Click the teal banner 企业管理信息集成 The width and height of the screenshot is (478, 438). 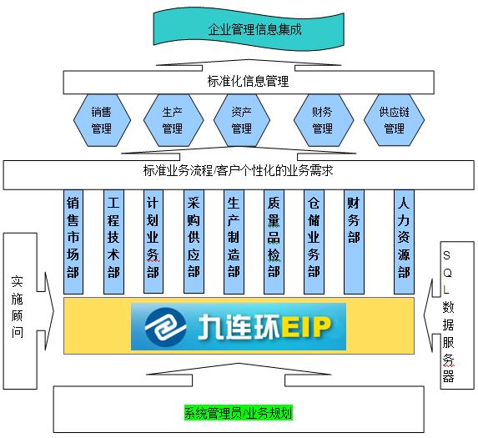249,29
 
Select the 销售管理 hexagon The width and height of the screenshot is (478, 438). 102,120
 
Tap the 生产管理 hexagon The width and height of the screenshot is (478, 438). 174,120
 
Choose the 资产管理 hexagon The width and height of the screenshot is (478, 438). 242,120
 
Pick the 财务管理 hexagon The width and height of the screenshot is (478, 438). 324,120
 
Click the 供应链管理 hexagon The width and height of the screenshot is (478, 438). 394,120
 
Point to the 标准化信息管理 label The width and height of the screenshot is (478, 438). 248,82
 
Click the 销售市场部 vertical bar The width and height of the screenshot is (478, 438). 73,242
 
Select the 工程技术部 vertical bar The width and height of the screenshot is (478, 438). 113,242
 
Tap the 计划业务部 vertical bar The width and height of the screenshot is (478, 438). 153,242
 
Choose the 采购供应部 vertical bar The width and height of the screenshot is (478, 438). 194,242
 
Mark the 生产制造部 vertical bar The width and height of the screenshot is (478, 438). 234,242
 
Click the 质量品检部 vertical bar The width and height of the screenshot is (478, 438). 274,242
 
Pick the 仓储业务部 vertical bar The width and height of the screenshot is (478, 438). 314,242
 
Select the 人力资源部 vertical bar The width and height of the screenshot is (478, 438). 404,242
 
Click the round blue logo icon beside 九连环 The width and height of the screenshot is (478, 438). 165,328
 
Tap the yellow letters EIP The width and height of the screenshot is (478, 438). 306,327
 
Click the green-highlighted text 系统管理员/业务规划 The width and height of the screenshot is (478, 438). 239,413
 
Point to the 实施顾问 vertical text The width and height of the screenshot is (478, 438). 18,307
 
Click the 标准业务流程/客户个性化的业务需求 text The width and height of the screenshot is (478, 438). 238,170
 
